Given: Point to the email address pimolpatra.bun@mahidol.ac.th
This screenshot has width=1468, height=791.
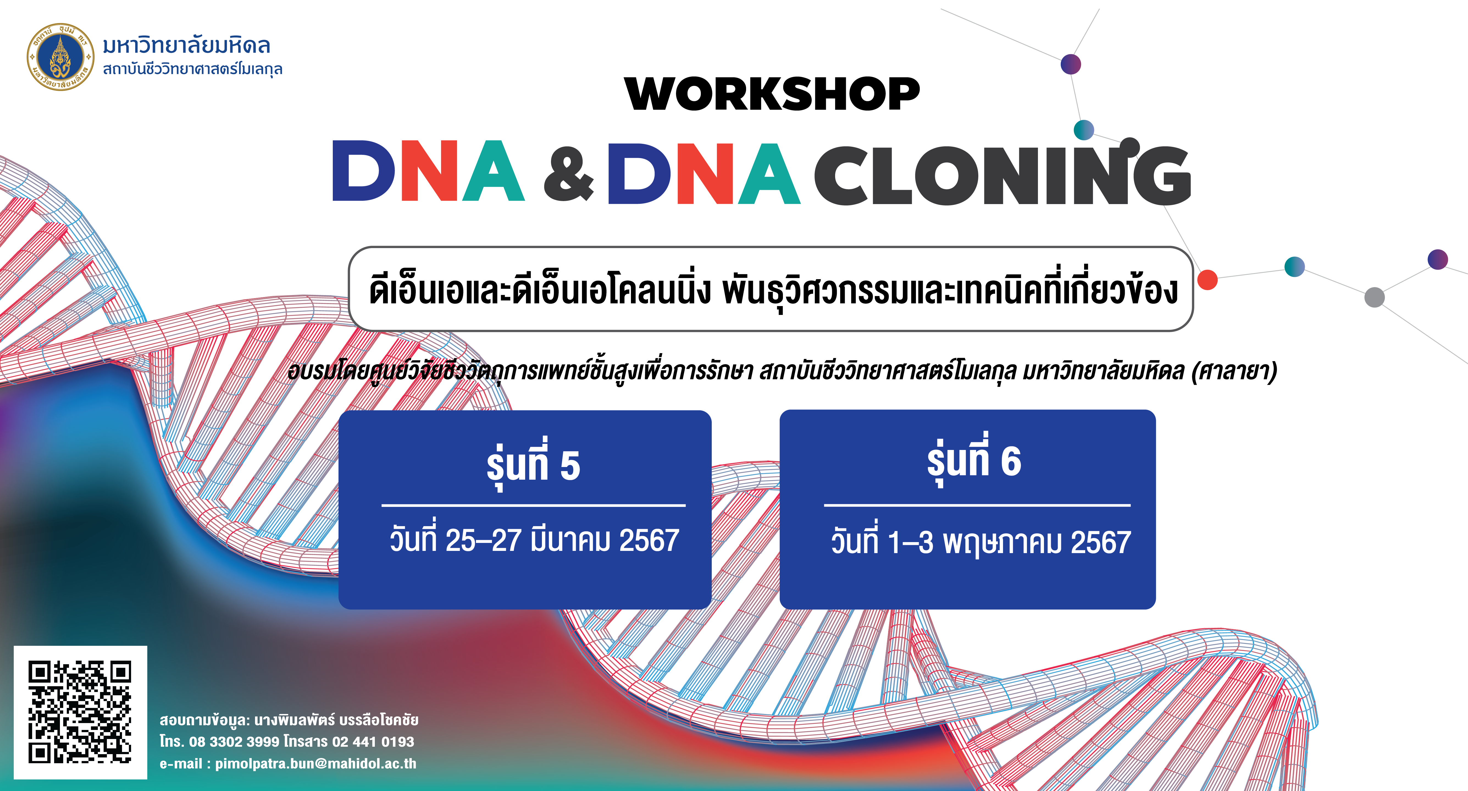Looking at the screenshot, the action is pos(316,763).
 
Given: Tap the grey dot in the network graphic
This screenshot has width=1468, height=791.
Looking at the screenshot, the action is pos(1375,297).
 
